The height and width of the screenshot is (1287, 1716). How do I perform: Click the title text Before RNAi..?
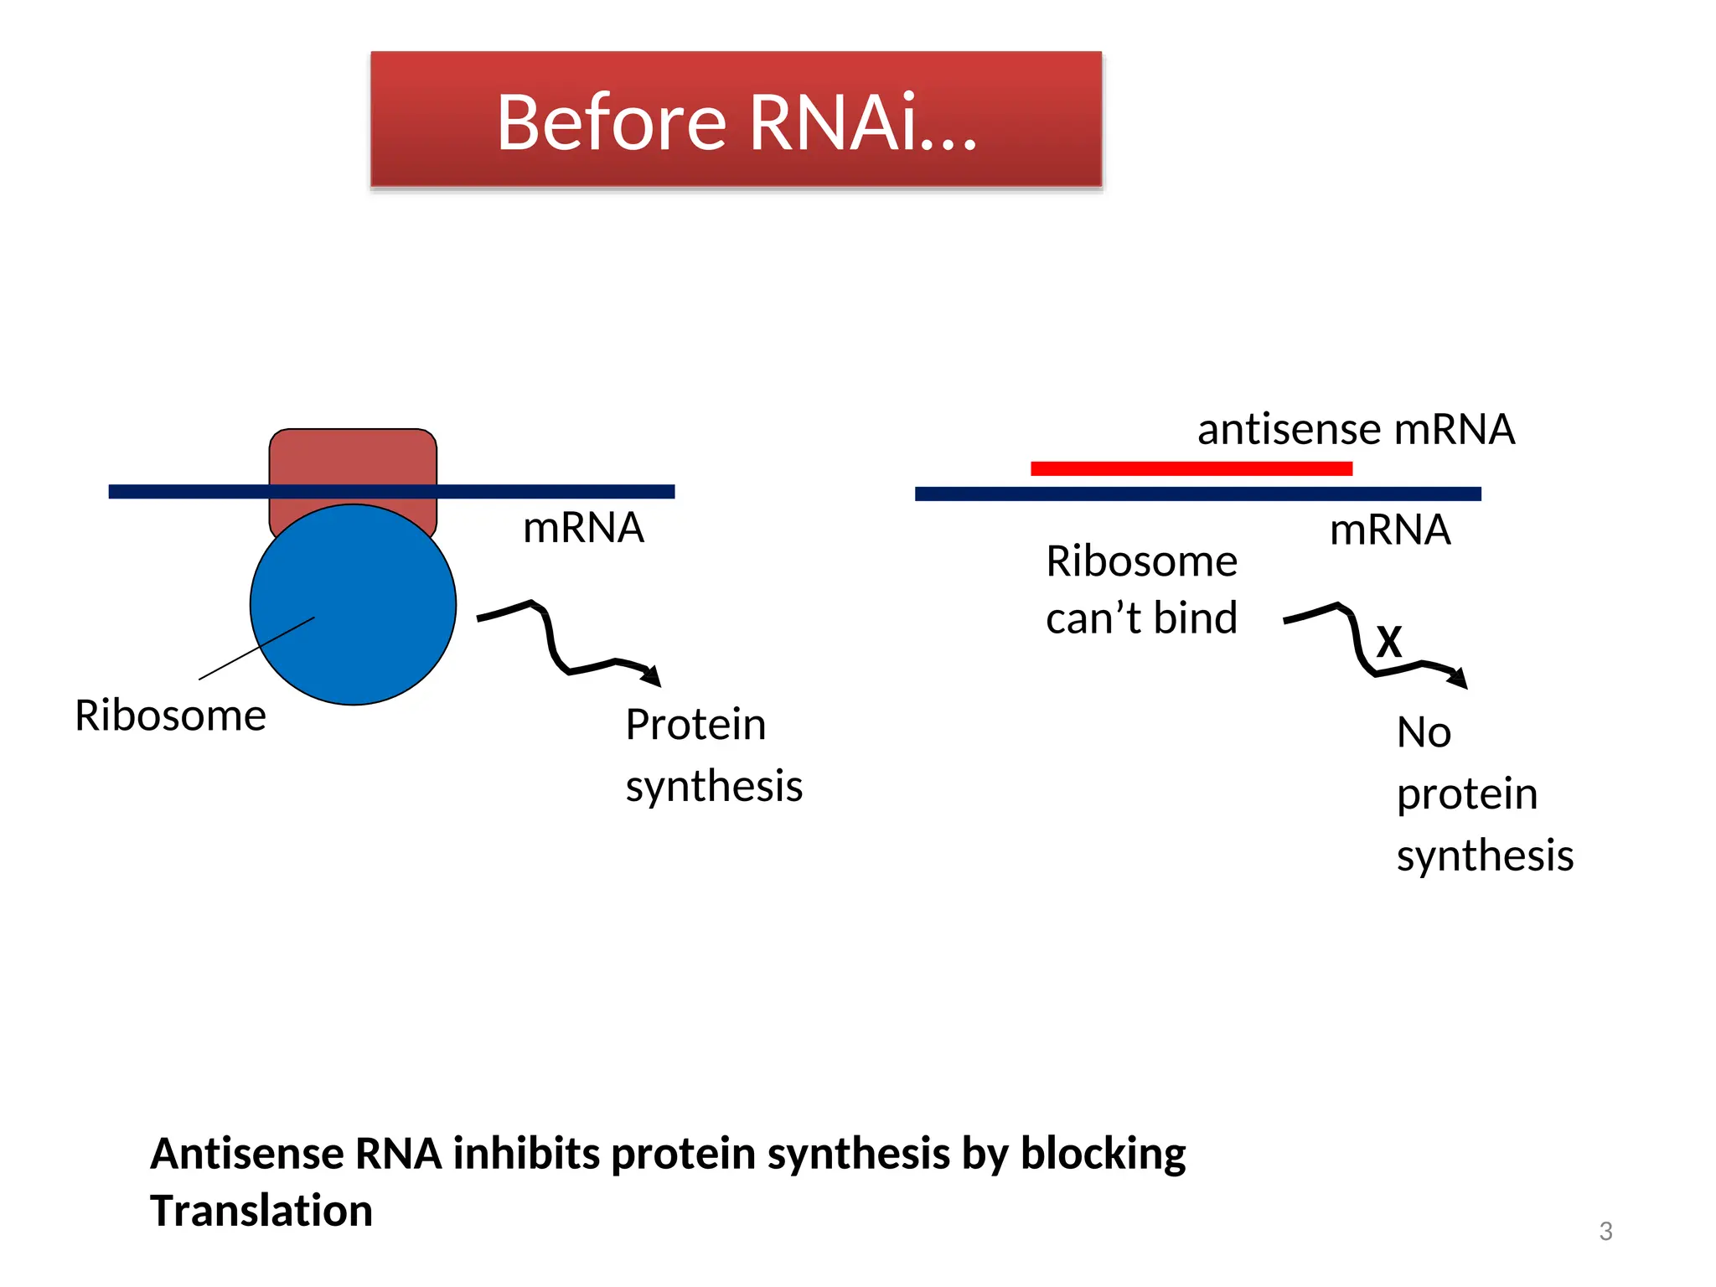tap(736, 122)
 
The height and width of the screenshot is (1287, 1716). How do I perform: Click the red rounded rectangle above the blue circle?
tap(353, 457)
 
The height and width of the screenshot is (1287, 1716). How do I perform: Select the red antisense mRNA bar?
tap(1191, 468)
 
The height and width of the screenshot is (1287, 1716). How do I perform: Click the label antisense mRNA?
tap(1356, 430)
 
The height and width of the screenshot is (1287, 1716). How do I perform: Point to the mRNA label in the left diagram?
tap(583, 528)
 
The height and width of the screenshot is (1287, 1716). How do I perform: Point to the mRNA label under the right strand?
tap(1390, 530)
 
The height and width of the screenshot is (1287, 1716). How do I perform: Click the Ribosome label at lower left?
tap(170, 716)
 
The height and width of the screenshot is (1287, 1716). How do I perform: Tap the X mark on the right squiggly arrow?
tap(1388, 643)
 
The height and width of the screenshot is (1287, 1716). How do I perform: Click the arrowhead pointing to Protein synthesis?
tap(652, 675)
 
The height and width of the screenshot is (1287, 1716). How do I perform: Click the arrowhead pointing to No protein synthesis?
tap(1459, 678)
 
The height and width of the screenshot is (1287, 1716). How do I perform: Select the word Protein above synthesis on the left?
tap(695, 725)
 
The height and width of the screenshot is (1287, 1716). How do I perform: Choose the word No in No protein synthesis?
tap(1424, 732)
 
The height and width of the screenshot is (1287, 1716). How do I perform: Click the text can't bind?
tap(1141, 618)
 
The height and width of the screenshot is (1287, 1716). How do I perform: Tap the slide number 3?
tap(1605, 1231)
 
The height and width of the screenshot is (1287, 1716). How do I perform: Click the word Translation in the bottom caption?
tap(261, 1211)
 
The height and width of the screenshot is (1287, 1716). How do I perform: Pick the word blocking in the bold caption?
tap(1103, 1154)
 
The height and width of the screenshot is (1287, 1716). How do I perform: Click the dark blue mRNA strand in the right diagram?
tap(1197, 494)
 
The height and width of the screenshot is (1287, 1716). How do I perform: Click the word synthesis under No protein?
tap(1485, 855)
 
